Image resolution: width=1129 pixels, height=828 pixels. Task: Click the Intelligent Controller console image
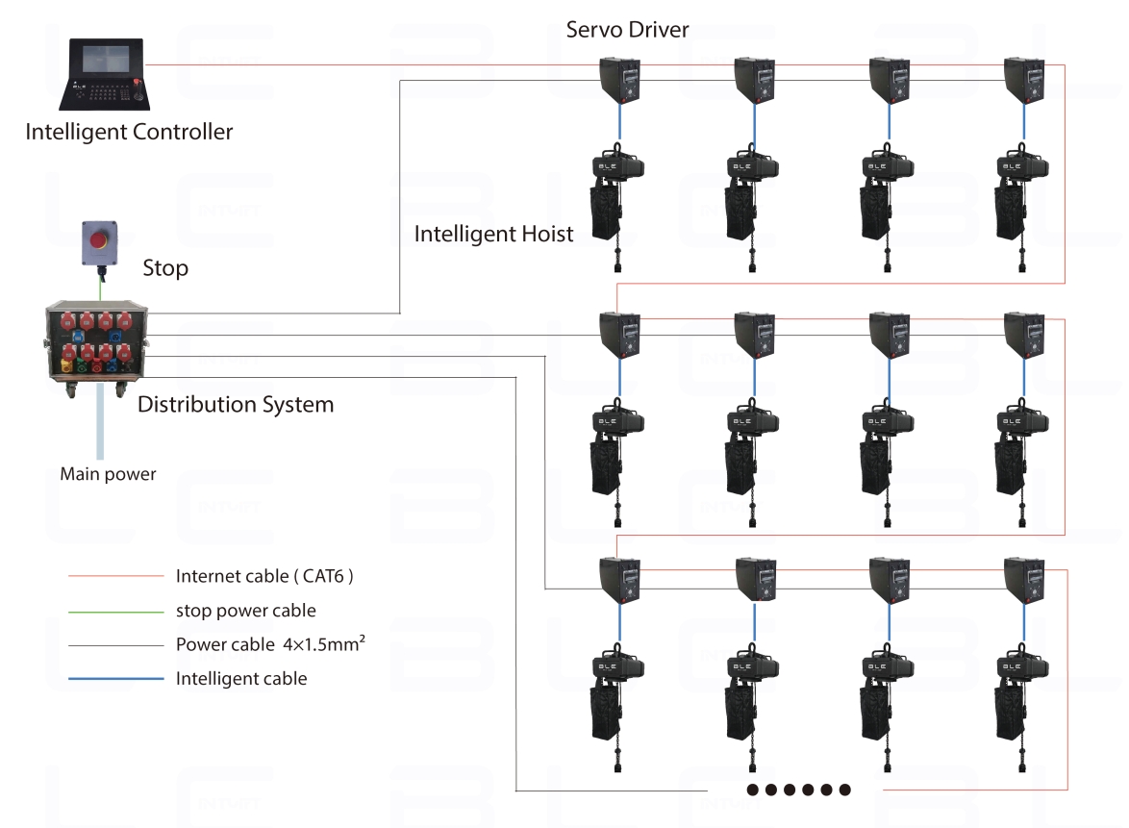click(x=105, y=73)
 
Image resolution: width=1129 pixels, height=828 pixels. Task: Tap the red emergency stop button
click(x=99, y=239)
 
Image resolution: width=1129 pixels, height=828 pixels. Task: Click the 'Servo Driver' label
click(x=627, y=30)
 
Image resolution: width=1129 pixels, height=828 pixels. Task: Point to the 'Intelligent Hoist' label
click(x=494, y=234)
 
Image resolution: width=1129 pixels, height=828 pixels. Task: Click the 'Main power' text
click(x=108, y=474)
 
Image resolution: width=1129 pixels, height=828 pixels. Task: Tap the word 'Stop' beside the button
click(x=165, y=268)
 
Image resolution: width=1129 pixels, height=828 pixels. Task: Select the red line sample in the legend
click(x=116, y=576)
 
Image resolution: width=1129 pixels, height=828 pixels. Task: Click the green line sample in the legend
click(x=116, y=612)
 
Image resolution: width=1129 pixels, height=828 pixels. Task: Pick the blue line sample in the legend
click(x=116, y=678)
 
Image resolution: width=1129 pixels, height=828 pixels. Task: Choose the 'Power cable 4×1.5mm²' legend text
click(x=271, y=643)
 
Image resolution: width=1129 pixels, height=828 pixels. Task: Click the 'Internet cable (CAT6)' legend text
click(x=264, y=576)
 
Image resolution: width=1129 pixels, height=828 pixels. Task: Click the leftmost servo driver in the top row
click(x=620, y=82)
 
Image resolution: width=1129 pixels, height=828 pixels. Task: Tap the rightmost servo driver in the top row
click(x=1024, y=82)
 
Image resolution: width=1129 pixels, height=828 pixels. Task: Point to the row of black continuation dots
click(x=798, y=790)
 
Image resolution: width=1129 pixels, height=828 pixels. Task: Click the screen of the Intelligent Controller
click(x=106, y=59)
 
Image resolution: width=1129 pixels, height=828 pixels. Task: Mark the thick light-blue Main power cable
click(x=100, y=421)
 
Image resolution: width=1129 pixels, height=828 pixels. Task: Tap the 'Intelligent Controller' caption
click(x=129, y=132)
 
